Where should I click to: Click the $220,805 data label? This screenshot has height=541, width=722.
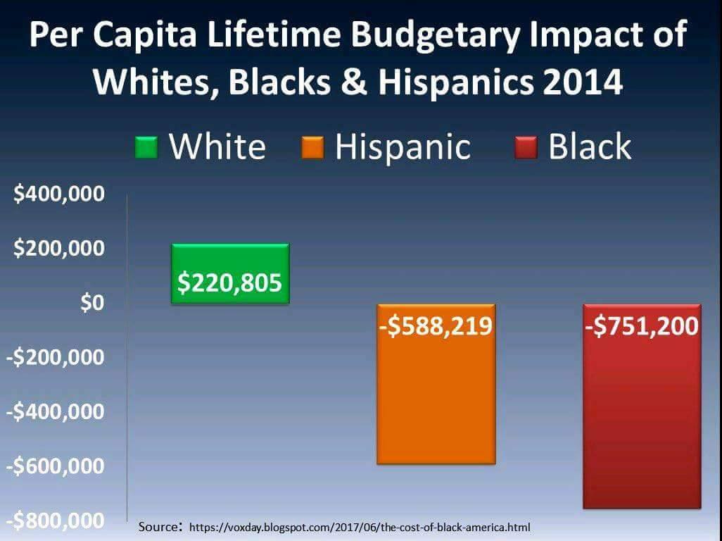pos(229,282)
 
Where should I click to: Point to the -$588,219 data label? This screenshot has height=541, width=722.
pos(436,327)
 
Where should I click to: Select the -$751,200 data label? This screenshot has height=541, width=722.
pos(642,327)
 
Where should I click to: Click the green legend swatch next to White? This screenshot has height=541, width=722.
pos(146,148)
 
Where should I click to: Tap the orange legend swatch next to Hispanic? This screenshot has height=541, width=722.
pos(312,148)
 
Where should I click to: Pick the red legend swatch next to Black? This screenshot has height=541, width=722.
pos(526,148)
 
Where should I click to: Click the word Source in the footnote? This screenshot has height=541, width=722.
pos(159,526)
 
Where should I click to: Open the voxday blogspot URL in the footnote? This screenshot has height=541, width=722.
pos(360,527)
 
